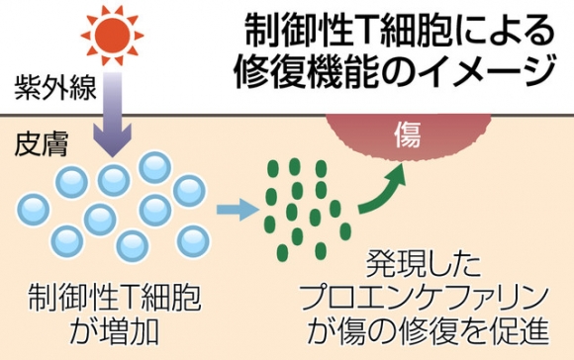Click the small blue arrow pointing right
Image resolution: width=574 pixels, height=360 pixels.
click(235, 210)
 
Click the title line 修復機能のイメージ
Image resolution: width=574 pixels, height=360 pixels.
click(396, 73)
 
